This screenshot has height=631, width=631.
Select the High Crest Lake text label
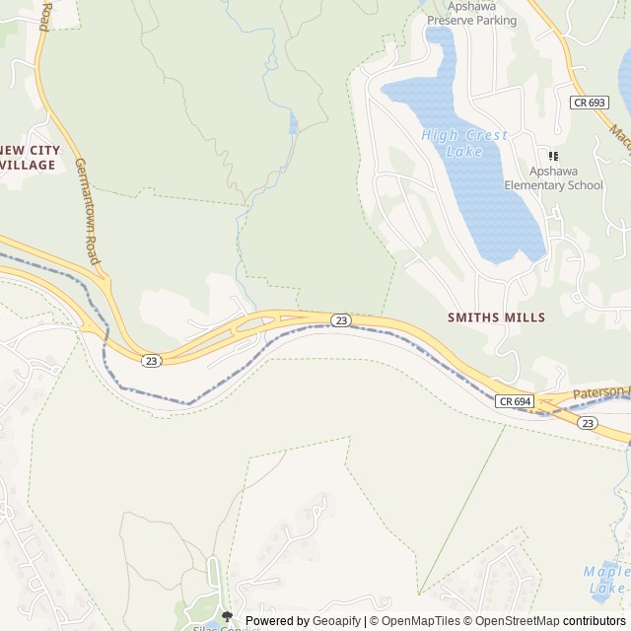[x=464, y=143]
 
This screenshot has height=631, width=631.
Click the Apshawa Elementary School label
[x=553, y=177]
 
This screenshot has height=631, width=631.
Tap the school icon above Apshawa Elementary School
[x=553, y=156]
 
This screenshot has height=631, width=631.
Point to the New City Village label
[x=29, y=158]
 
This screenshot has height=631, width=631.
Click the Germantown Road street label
[x=88, y=212]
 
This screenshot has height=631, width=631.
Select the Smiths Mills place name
[x=496, y=317]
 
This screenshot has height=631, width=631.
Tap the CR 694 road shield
[x=515, y=401]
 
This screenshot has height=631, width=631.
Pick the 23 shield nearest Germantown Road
[x=151, y=361]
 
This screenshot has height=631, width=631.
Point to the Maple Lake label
[x=606, y=580]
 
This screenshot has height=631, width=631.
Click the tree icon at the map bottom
[x=227, y=616]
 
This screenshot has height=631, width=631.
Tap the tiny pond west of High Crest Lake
[x=293, y=123]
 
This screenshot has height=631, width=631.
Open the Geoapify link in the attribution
[x=337, y=621]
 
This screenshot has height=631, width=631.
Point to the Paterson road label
[x=598, y=391]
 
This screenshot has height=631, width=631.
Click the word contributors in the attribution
[x=595, y=621]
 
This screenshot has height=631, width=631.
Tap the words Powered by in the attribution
[x=277, y=621]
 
